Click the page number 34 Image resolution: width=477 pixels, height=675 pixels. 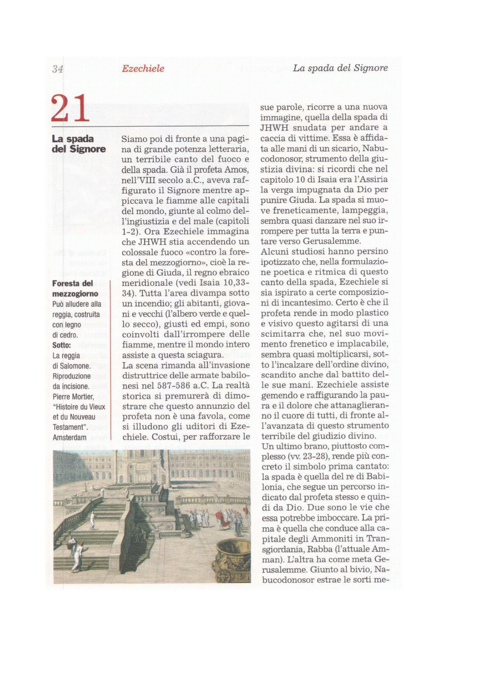tap(58, 69)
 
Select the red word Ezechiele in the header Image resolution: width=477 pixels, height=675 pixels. tap(143, 68)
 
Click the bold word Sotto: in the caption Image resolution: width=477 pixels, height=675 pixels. tap(61, 345)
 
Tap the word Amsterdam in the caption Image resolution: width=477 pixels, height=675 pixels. tap(70, 437)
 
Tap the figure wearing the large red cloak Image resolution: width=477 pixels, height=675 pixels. tap(221, 517)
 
